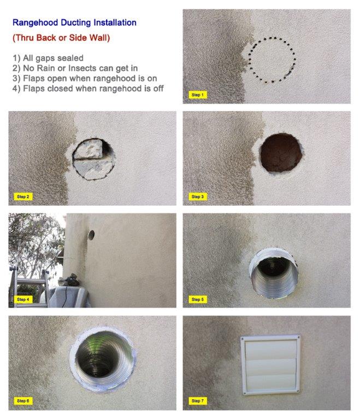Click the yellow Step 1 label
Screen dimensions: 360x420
click(198, 95)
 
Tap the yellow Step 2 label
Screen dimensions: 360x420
click(23, 196)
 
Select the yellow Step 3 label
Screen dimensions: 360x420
click(198, 196)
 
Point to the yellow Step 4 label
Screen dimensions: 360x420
click(23, 299)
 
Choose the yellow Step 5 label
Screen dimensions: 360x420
click(198, 299)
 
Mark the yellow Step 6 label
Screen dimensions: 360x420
click(23, 401)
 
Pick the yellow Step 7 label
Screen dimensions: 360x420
click(198, 401)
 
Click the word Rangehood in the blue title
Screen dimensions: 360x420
click(36, 23)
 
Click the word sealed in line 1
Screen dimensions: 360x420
click(70, 58)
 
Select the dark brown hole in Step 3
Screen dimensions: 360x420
click(281, 153)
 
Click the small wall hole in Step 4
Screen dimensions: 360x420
click(91, 235)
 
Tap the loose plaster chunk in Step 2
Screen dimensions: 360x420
click(88, 148)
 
